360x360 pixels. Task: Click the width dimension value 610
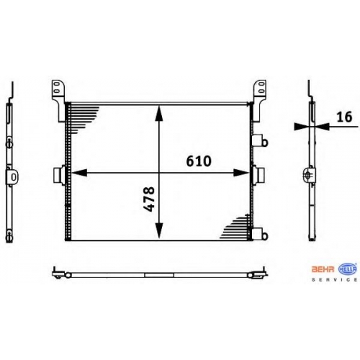(x=199, y=161)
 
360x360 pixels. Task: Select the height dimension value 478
(x=148, y=199)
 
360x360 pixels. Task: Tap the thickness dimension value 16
(x=344, y=117)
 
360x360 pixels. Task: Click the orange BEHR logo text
(x=323, y=269)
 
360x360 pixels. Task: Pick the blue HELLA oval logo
(x=348, y=269)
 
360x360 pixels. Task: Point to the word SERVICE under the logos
(x=334, y=279)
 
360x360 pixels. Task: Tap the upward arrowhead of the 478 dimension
(x=159, y=114)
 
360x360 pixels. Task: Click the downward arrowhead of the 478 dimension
(x=159, y=230)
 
